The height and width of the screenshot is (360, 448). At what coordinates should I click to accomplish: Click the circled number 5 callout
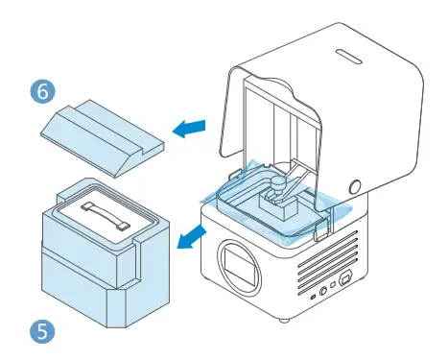point(42,331)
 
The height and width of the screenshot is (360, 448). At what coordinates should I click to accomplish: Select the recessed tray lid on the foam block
point(101,211)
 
